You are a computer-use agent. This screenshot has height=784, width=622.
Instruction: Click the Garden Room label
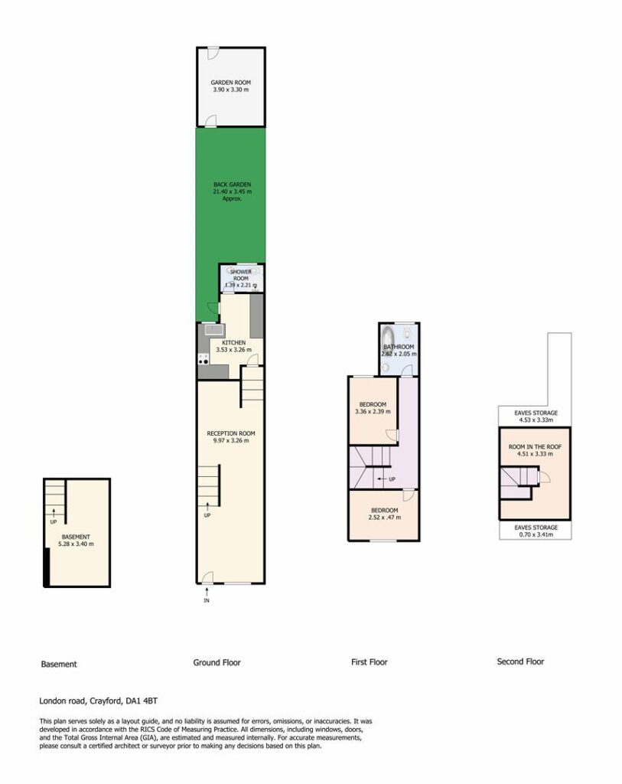[x=231, y=83]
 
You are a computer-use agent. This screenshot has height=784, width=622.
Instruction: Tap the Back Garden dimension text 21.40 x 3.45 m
[x=233, y=191]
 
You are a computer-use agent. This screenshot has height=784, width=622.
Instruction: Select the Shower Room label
[x=241, y=275]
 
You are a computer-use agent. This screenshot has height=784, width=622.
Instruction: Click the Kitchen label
[x=234, y=342]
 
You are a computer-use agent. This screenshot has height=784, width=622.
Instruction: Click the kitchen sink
[x=213, y=329]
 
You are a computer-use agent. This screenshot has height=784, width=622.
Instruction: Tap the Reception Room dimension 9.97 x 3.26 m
[x=231, y=440]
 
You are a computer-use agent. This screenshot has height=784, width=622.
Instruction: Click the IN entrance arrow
[x=207, y=592]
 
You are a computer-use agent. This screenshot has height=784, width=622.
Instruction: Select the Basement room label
[x=76, y=537]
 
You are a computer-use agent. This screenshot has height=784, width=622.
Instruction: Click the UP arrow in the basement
[x=54, y=511]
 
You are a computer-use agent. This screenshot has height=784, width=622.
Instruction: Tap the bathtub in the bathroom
[x=388, y=338]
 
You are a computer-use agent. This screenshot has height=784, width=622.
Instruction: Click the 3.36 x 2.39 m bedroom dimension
[x=373, y=411]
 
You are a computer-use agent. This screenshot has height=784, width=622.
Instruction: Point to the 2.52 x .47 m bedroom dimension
[x=385, y=518]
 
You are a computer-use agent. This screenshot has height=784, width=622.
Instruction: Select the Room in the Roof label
[x=535, y=447]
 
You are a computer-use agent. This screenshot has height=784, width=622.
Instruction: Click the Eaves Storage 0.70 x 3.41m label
[x=536, y=531]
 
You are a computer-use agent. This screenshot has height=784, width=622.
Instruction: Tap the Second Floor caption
[x=520, y=661]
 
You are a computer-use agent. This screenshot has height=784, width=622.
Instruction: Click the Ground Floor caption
[x=217, y=662]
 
